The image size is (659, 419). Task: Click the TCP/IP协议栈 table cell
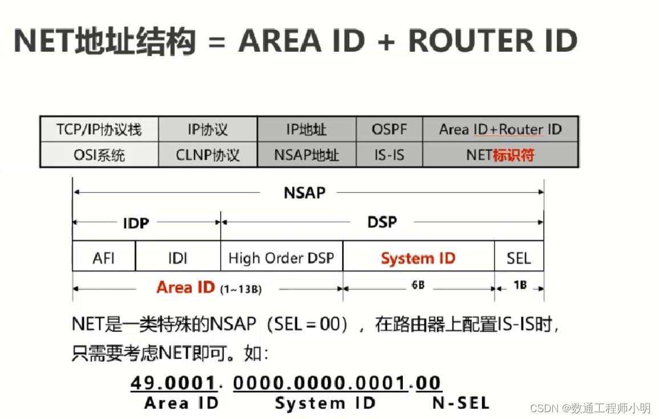point(99,129)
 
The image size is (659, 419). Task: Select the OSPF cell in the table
point(390,129)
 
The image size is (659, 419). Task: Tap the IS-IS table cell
point(390,154)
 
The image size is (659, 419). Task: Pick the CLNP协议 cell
point(208,154)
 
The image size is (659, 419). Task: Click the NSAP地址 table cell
point(306,154)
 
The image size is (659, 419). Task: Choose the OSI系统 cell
point(99,154)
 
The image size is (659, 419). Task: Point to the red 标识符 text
point(513,154)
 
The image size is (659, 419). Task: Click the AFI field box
point(104,258)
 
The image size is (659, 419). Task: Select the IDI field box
point(177,258)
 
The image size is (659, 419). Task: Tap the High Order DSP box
point(281,258)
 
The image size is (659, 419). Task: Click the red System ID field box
point(418,258)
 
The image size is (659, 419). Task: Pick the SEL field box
point(519,258)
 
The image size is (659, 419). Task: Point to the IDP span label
point(136,223)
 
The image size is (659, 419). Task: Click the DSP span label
point(382,222)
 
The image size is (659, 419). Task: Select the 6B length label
point(418,285)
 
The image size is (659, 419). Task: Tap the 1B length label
point(519,285)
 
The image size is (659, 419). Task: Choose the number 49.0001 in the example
point(173,382)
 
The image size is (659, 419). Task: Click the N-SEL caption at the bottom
point(460,404)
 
